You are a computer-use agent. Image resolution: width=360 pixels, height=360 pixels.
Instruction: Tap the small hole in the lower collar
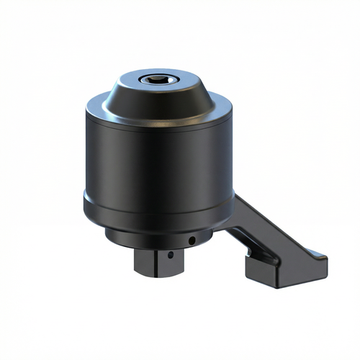pos(192,240)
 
